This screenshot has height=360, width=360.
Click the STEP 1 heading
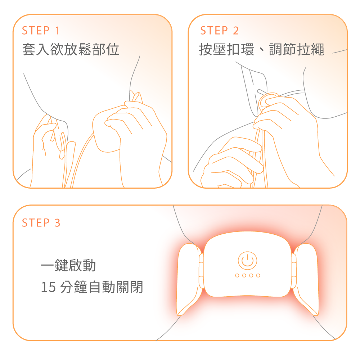pyautogui.click(x=41, y=31)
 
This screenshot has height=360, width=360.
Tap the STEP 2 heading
pyautogui.click(x=220, y=31)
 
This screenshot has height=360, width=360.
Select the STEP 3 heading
pyautogui.click(x=41, y=223)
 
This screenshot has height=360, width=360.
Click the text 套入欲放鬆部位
pyautogui.click(x=71, y=49)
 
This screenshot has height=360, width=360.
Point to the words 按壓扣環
pyautogui.click(x=226, y=49)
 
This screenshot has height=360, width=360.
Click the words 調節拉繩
pyautogui.click(x=297, y=49)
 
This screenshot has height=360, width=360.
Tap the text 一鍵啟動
pyautogui.click(x=68, y=265)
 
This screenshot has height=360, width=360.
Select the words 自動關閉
pyautogui.click(x=116, y=287)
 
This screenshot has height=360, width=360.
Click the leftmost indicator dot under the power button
pyautogui.click(x=237, y=275)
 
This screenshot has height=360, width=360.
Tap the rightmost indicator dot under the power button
pyautogui.click(x=258, y=275)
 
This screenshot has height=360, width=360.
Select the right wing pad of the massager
pyautogui.click(x=306, y=279)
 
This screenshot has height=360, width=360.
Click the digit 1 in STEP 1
pyautogui.click(x=57, y=31)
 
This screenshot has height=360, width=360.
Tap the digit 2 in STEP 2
pyautogui.click(x=236, y=31)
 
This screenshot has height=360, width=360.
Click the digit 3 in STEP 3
pyautogui.click(x=57, y=223)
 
